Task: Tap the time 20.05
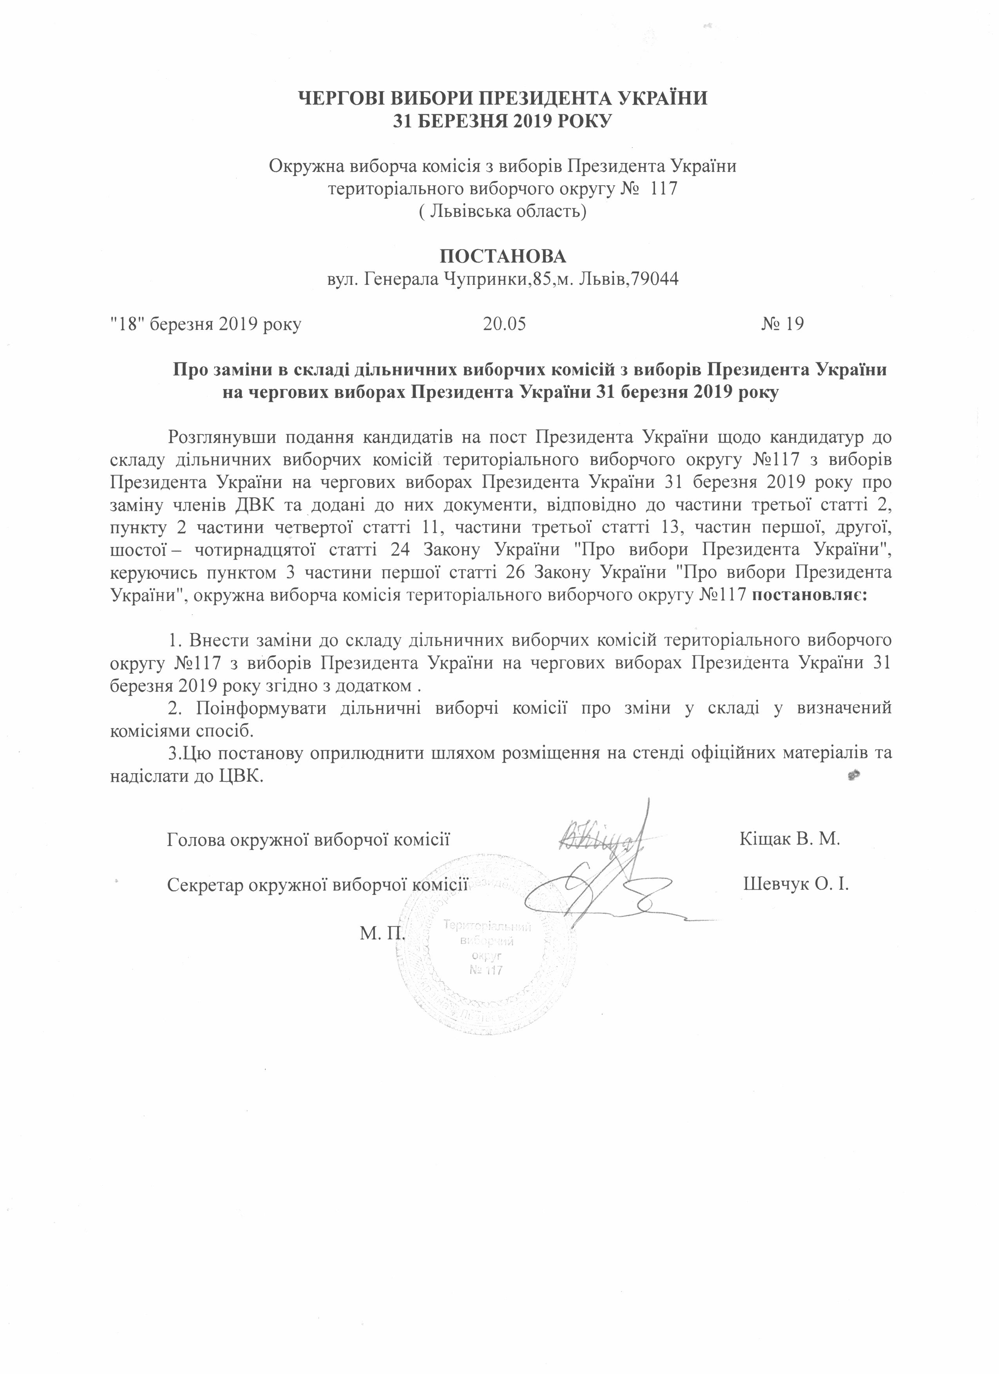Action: tap(504, 324)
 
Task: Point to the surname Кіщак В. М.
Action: tap(789, 839)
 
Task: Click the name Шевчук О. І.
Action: tap(795, 883)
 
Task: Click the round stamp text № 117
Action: tap(487, 970)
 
